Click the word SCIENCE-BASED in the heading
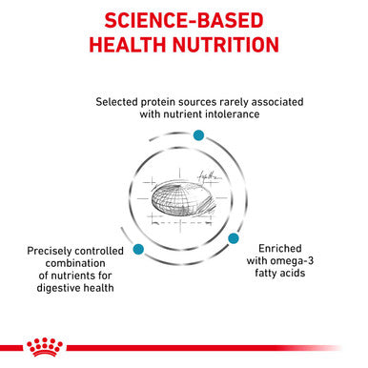(x=183, y=20)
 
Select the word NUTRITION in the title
(x=228, y=46)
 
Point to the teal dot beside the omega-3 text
(x=232, y=238)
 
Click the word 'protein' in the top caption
(x=171, y=100)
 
